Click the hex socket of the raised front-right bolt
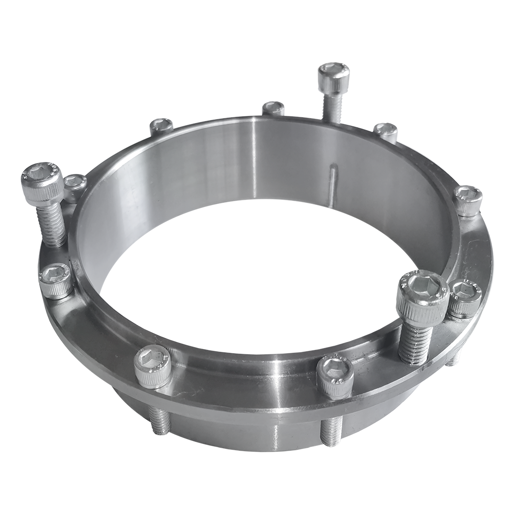(422, 287)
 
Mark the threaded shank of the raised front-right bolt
(413, 341)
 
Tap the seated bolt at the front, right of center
(335, 376)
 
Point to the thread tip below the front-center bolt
(330, 431)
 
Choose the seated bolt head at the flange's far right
(467, 199)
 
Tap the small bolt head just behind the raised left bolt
(75, 184)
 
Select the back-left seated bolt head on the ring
(161, 126)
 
